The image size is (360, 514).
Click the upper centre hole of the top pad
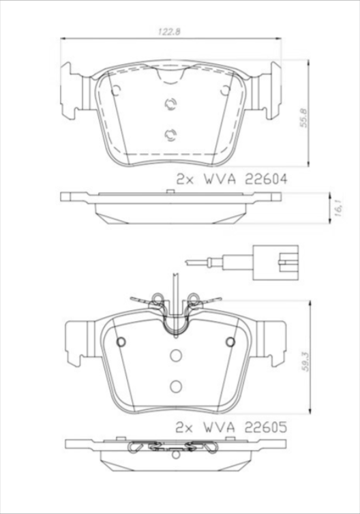tap(170, 104)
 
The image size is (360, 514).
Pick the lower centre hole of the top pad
tap(170, 134)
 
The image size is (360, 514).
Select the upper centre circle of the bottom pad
tap(175, 355)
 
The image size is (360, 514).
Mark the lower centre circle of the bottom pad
tap(175, 386)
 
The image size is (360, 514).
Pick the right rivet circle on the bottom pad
tap(230, 342)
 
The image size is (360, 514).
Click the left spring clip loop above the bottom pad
tap(156, 297)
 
